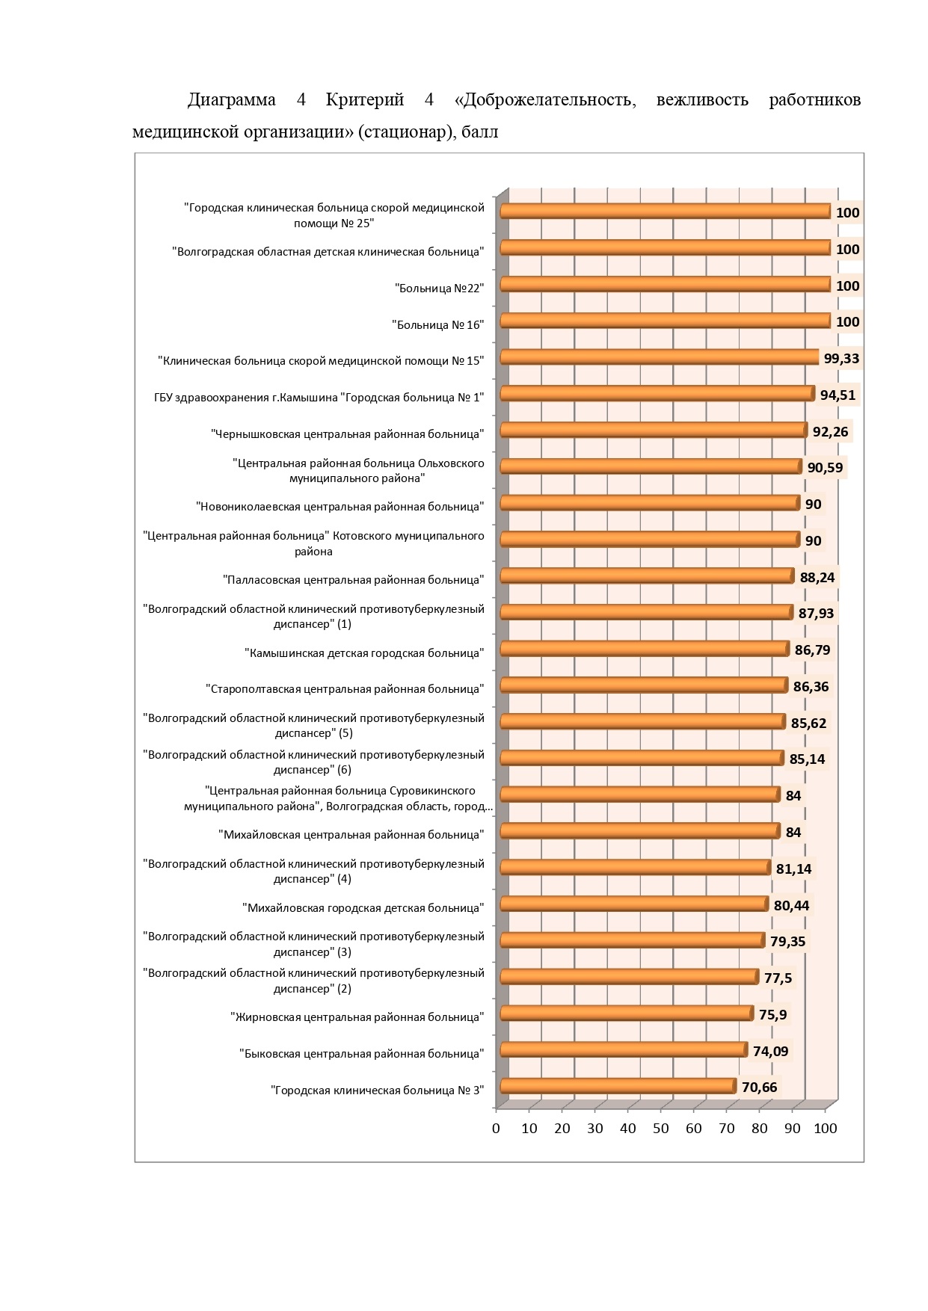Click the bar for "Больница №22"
666,285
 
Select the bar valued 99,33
660,357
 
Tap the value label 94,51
838,395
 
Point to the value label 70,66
760,1087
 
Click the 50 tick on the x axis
661,1129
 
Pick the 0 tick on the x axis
496,1129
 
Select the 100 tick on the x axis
826,1129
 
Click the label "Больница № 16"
438,324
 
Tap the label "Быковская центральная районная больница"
362,1054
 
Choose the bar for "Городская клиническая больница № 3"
618,1086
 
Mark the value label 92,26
831,431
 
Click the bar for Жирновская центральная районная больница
627,1013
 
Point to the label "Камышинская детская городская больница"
364,653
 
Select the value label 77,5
778,978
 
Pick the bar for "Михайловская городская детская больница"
634,904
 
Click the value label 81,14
793,869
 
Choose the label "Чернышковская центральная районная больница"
348,434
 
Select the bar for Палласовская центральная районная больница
647,576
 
